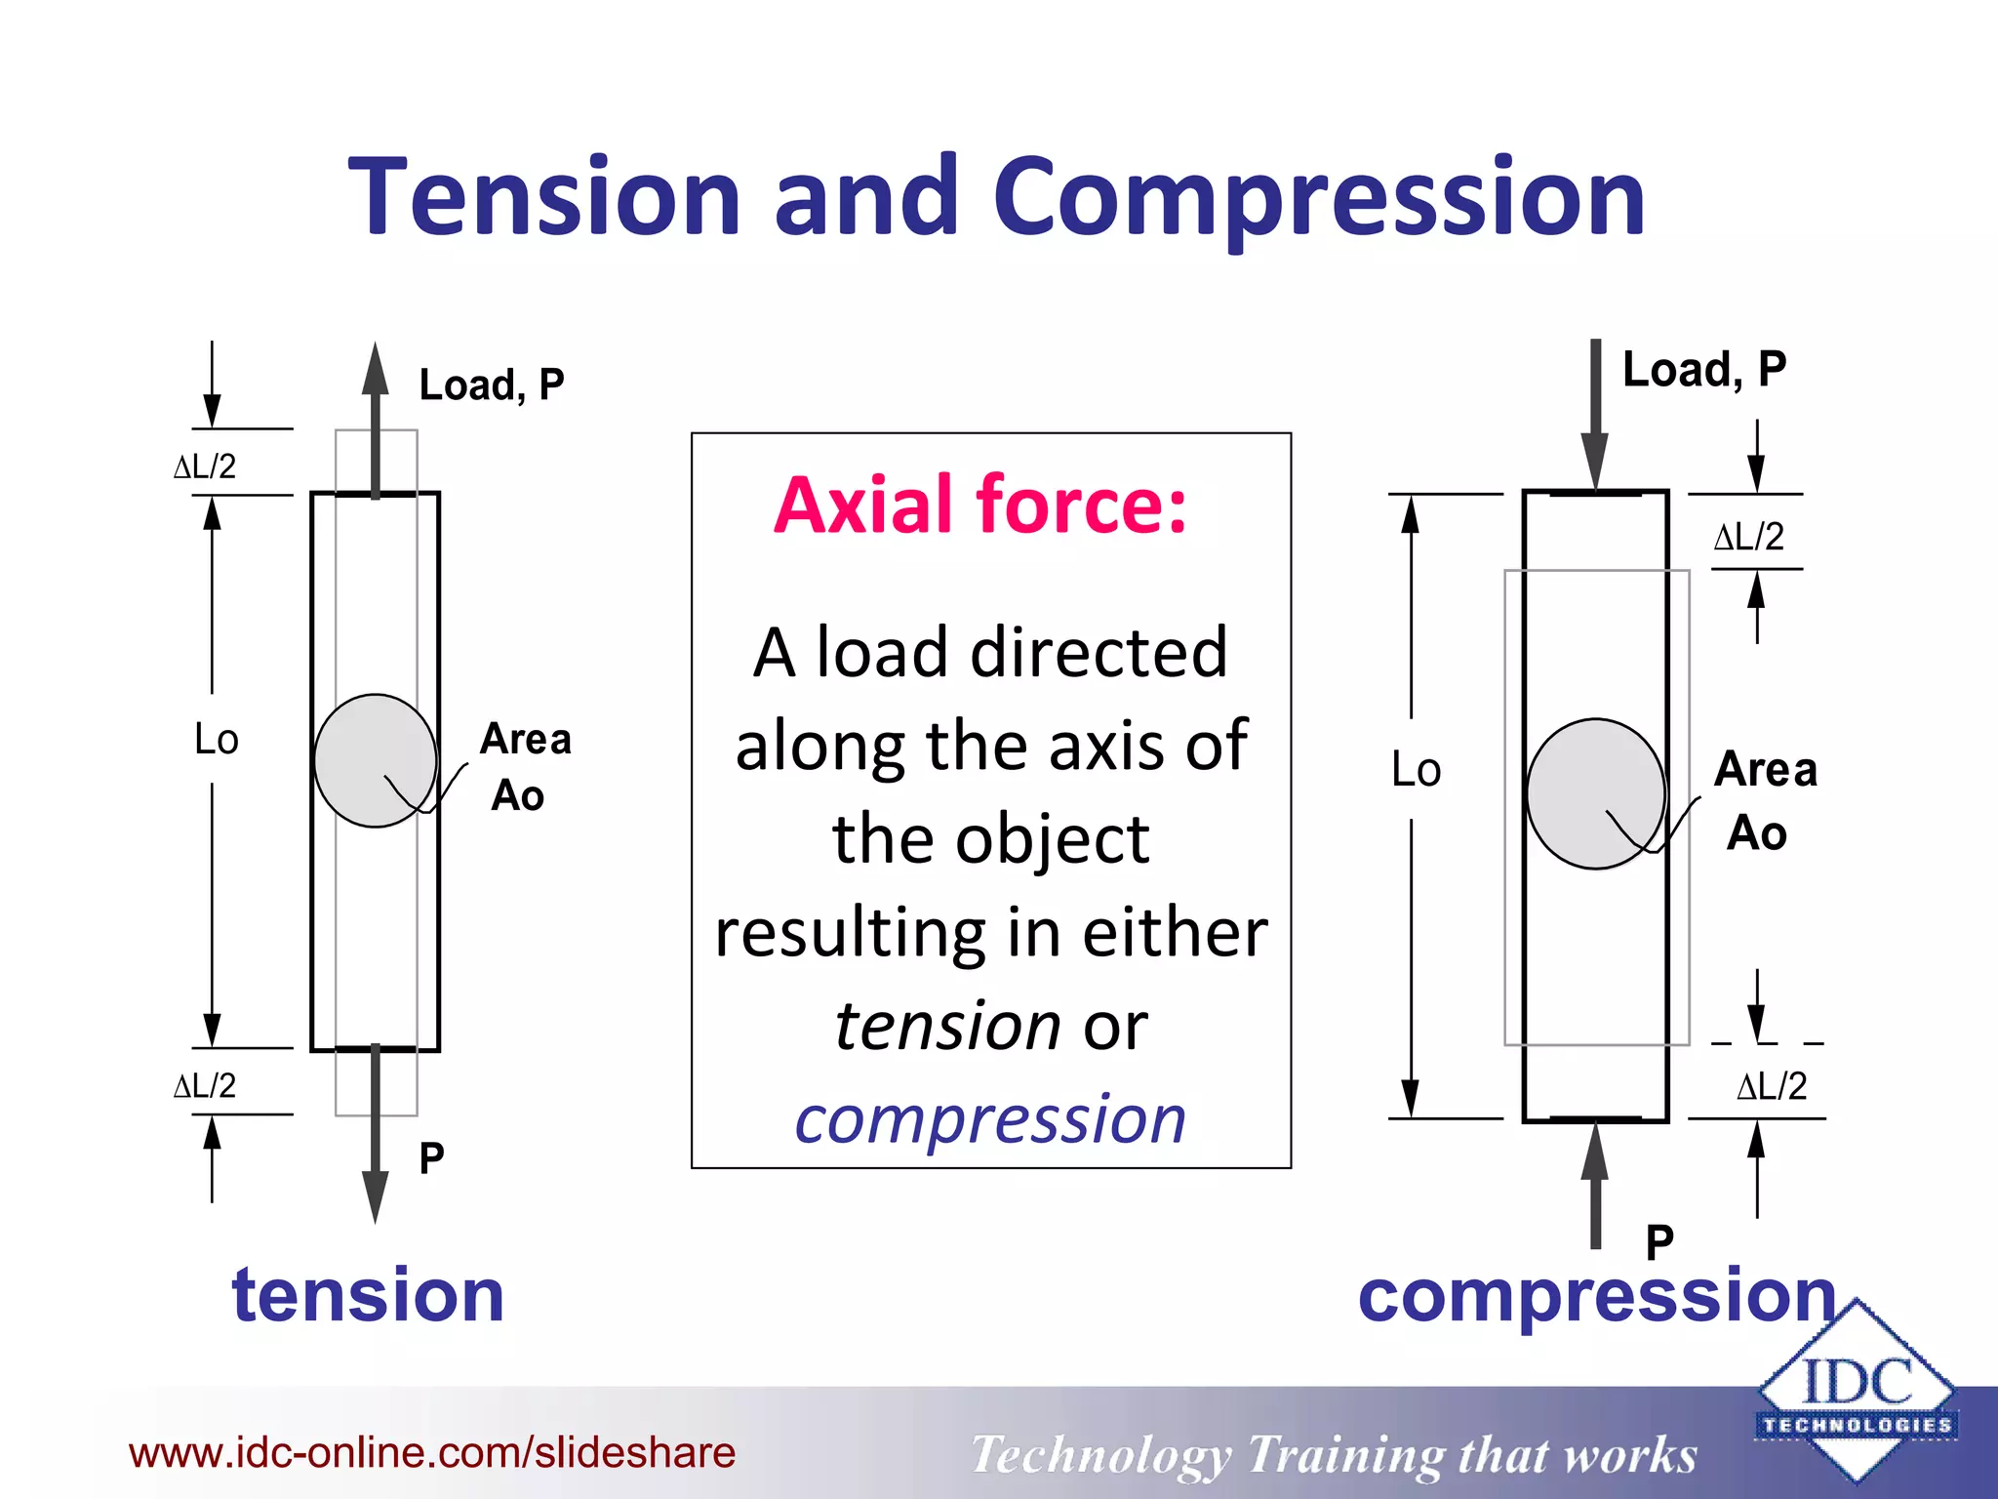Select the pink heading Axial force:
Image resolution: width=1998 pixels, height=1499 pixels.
980,506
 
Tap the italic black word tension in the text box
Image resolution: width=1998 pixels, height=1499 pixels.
947,1026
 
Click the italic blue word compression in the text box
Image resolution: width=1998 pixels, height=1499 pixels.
990,1119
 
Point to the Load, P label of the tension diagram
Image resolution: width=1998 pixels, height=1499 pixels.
491,385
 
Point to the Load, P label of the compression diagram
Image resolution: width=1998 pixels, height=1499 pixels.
1703,370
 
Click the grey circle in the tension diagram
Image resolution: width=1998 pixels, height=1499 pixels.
375,760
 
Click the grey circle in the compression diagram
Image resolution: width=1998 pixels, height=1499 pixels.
1595,793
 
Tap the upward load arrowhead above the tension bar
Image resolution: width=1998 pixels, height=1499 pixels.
376,369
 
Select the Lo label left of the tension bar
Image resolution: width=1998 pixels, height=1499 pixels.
216,740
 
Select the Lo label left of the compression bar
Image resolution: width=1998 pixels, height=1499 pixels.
1416,770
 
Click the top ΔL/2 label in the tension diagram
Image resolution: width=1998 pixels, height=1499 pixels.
205,466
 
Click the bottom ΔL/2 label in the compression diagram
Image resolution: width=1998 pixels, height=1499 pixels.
1772,1086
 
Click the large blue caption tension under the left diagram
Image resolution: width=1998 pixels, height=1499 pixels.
368,1295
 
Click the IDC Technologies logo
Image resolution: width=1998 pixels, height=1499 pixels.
1856,1393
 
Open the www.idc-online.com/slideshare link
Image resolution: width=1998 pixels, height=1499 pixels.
432,1453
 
